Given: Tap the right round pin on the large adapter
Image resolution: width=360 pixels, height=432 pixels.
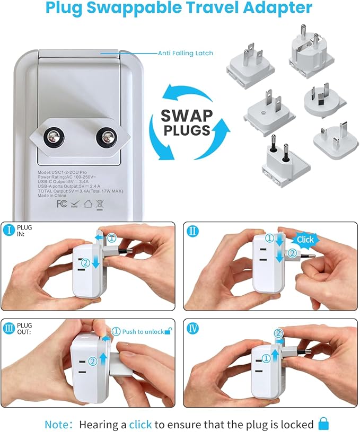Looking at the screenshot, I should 105,138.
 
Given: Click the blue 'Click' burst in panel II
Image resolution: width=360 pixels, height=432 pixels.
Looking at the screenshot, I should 305,239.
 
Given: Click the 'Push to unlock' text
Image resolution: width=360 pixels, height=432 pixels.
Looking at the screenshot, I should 143,331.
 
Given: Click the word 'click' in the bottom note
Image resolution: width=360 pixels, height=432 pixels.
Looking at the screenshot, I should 141,424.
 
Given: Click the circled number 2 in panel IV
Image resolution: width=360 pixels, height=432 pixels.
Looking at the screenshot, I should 278,333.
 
